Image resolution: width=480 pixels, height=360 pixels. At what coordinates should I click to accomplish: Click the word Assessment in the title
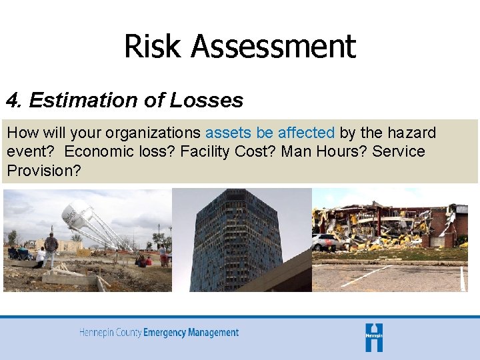tap(273, 47)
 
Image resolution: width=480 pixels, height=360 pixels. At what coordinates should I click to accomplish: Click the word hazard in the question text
tap(411, 133)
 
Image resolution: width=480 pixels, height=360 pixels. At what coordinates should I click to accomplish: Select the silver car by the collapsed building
tap(327, 242)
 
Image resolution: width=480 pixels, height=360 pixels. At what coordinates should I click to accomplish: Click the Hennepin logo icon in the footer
tap(374, 337)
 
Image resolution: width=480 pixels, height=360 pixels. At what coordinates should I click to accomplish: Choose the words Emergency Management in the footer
tap(191, 332)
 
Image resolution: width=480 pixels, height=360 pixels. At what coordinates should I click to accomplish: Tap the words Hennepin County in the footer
tap(111, 332)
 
